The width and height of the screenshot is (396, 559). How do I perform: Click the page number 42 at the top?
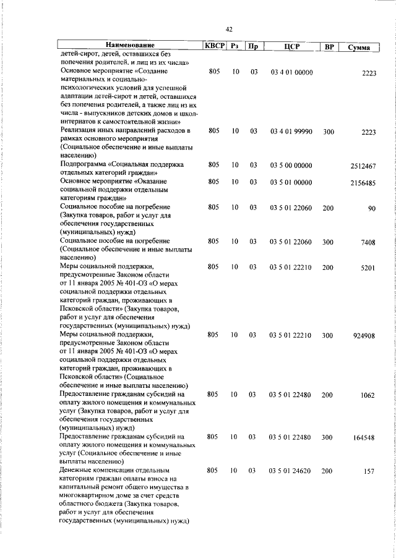pos(229,29)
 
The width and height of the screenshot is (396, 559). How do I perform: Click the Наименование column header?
pos(130,46)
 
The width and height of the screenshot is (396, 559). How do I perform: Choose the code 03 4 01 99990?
pos(291,131)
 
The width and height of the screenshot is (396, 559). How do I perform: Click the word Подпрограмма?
pos(83,166)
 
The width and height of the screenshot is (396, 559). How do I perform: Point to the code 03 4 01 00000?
pos(291,72)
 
